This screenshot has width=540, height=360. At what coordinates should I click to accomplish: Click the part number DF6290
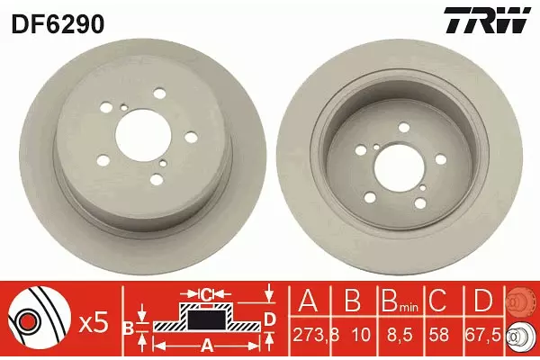click(58, 24)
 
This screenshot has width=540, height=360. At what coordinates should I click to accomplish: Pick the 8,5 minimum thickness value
click(400, 334)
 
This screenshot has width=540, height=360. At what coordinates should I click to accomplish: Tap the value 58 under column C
click(439, 334)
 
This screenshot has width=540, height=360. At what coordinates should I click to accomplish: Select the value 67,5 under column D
click(484, 334)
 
